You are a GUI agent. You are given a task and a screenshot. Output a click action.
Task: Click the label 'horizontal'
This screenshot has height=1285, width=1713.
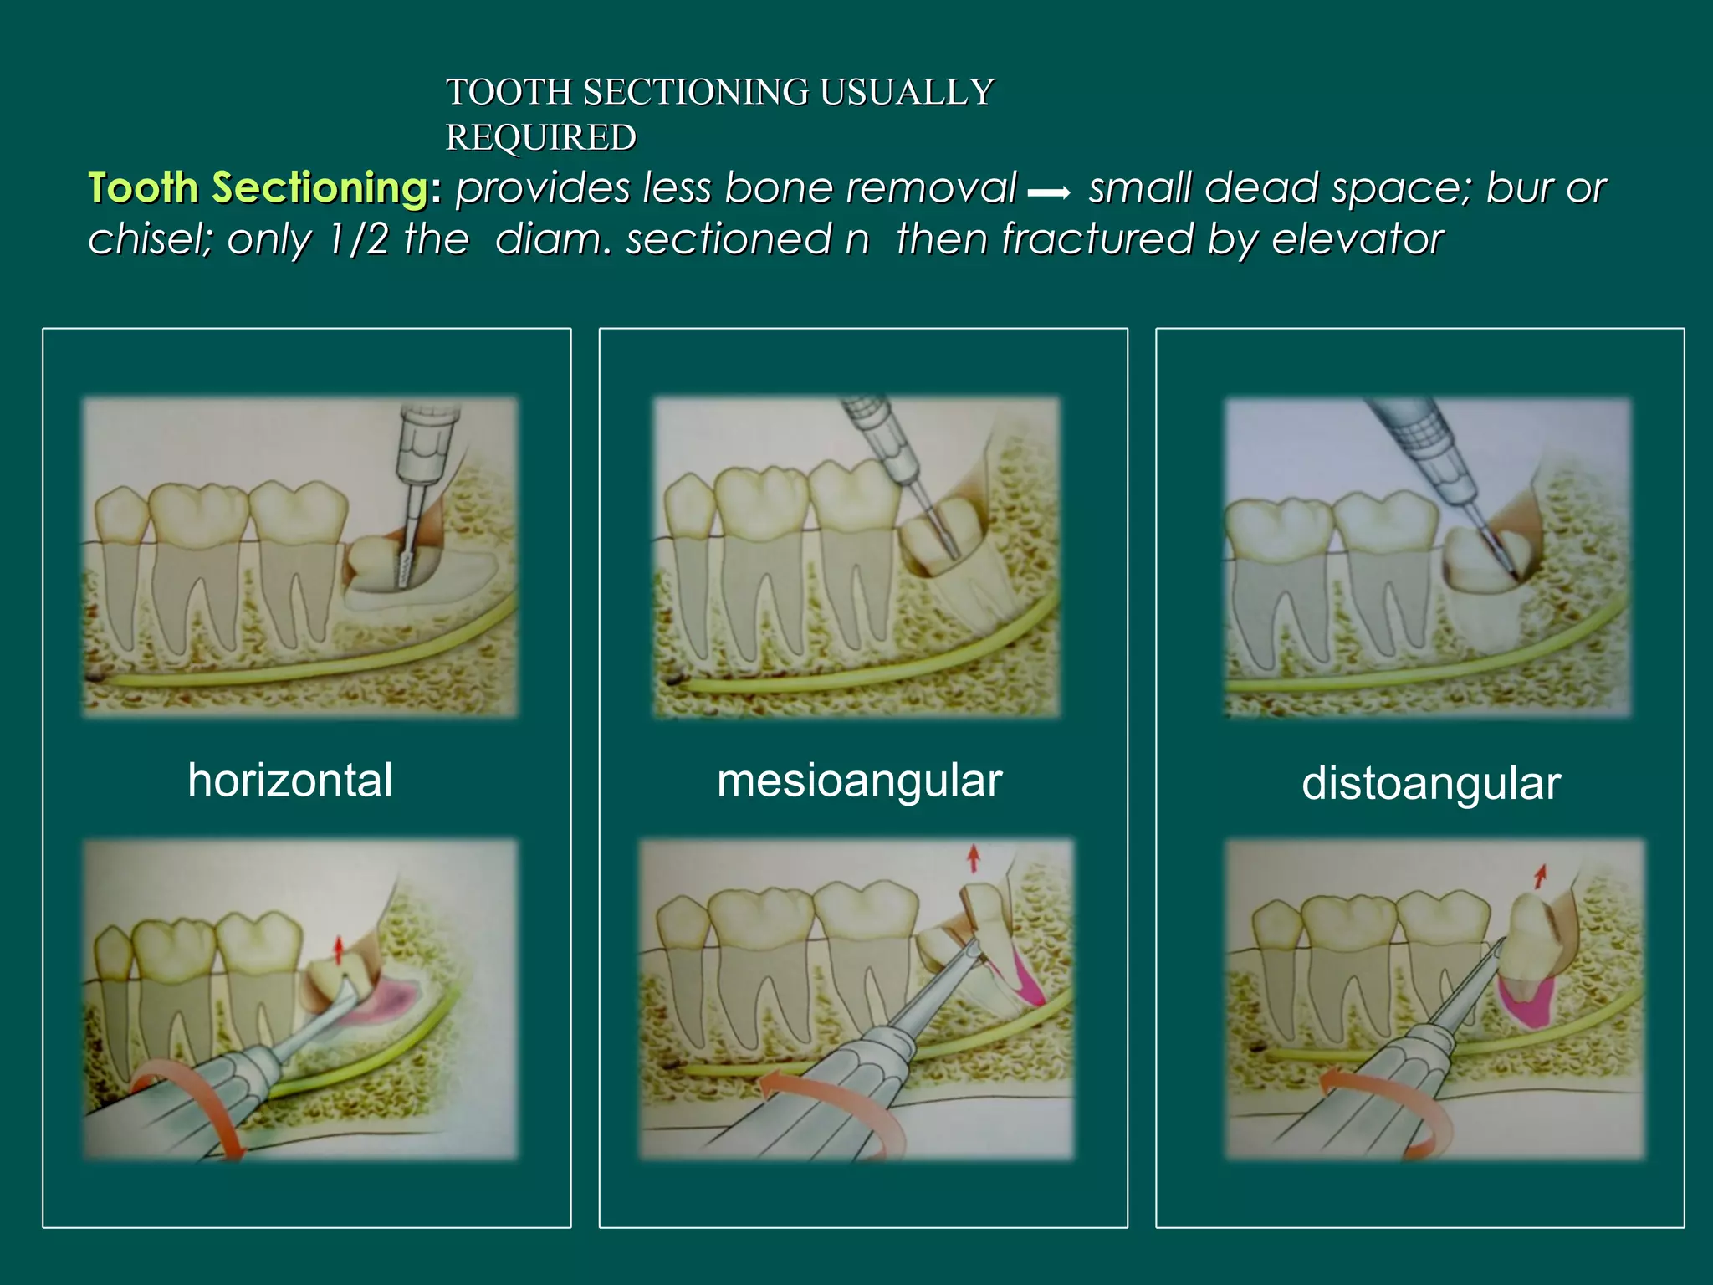(x=289, y=781)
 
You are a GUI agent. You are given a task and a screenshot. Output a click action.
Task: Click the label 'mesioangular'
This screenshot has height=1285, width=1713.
(x=859, y=781)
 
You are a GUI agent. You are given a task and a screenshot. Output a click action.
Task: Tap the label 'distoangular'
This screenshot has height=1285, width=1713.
(x=1430, y=784)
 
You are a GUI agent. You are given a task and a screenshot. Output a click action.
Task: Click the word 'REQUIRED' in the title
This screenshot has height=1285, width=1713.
(x=540, y=138)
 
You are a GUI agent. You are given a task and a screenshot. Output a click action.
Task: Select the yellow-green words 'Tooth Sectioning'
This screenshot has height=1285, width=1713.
(x=258, y=187)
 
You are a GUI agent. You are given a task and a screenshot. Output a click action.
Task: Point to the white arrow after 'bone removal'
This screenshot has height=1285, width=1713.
(x=1050, y=194)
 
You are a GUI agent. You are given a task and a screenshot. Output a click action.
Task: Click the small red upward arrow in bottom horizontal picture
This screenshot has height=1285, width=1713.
(x=338, y=950)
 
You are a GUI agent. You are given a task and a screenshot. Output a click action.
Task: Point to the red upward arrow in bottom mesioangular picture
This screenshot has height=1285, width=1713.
(x=973, y=858)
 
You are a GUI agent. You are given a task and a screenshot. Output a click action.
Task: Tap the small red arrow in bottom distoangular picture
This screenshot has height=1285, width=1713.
(x=1539, y=877)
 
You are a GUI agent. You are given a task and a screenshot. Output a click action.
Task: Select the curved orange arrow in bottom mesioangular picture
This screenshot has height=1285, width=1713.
(x=836, y=1104)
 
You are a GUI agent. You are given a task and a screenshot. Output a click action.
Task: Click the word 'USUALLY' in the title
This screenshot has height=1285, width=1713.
(x=907, y=92)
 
